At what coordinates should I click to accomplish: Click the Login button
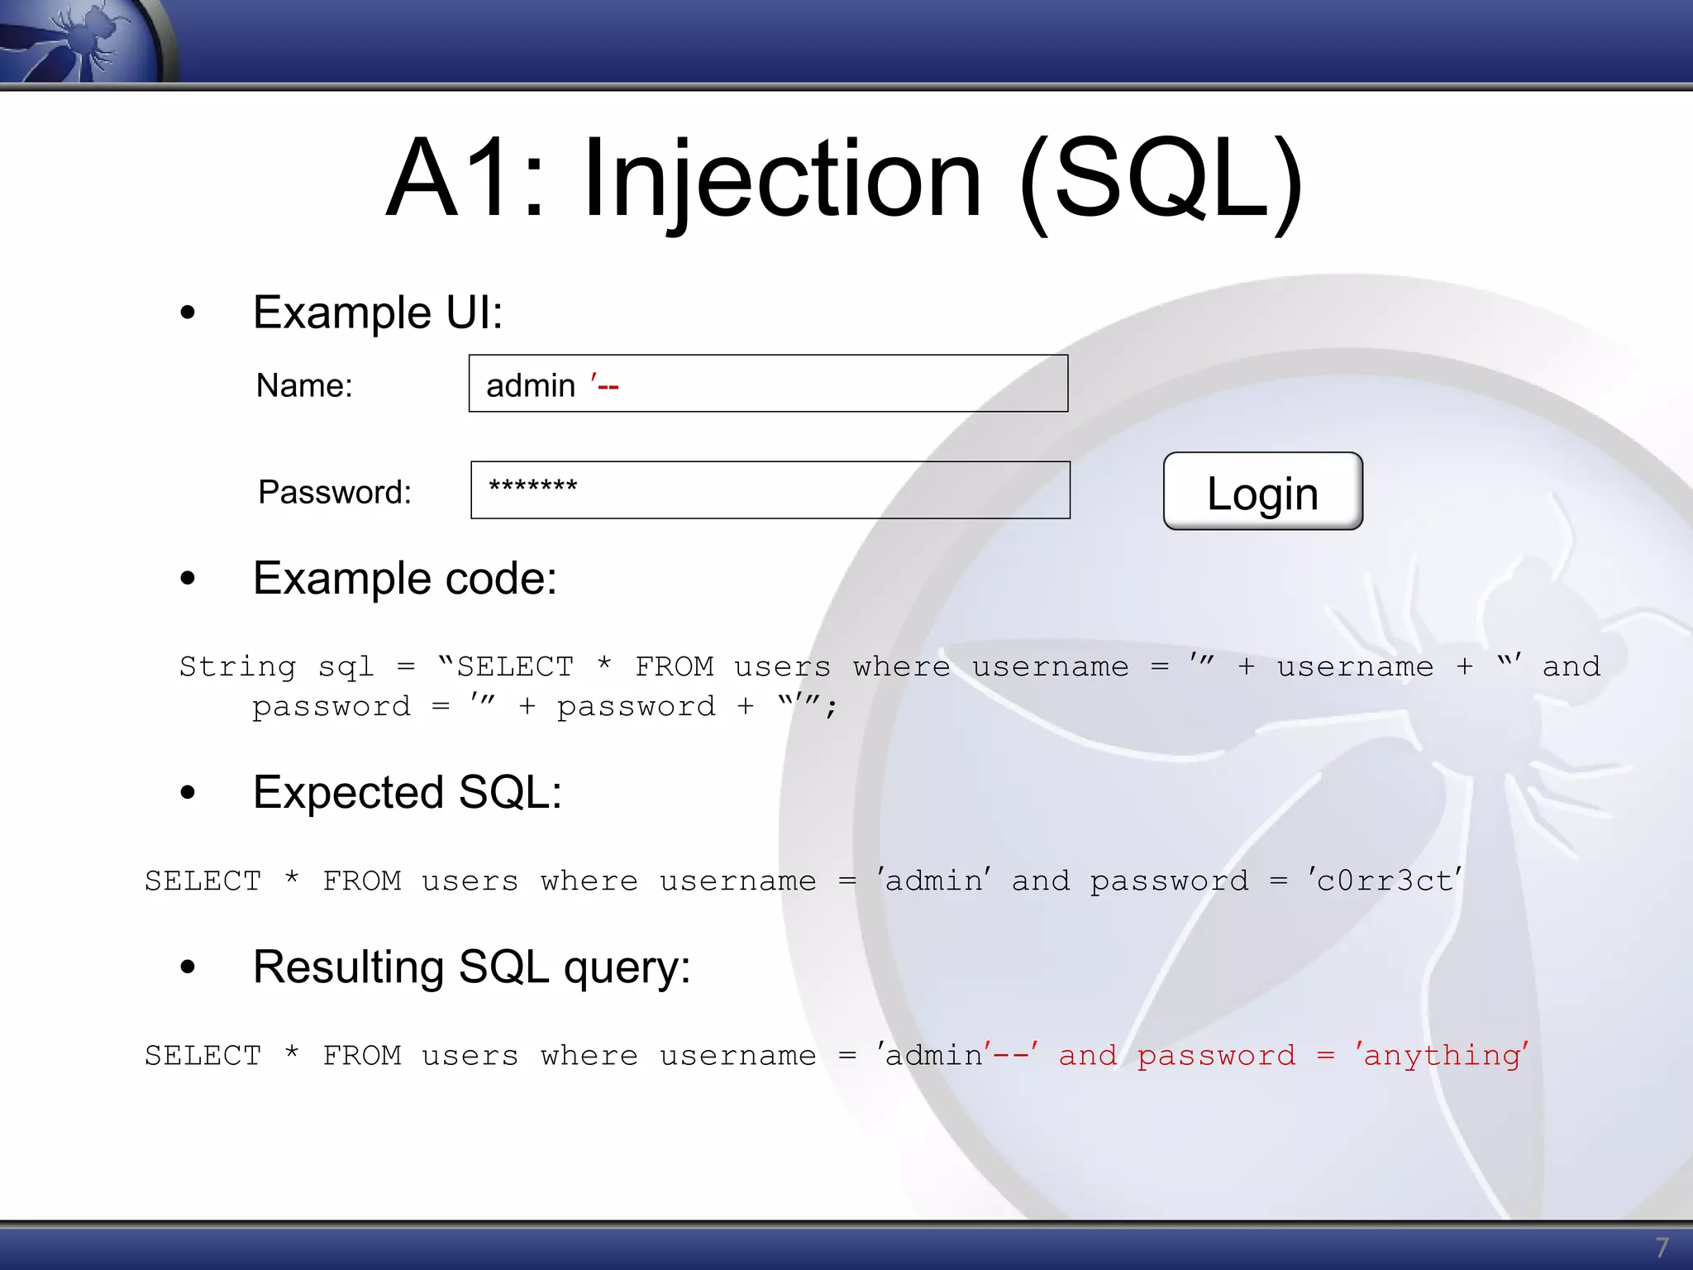(x=1262, y=491)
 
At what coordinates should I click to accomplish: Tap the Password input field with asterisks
(x=770, y=489)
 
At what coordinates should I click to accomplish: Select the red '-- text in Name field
(x=604, y=385)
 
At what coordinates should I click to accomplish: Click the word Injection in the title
(x=782, y=179)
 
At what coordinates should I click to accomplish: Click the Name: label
(x=304, y=385)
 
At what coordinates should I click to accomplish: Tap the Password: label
(x=334, y=492)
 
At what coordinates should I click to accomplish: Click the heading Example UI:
(x=378, y=313)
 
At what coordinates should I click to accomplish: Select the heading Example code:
(x=404, y=578)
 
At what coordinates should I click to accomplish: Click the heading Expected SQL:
(x=407, y=792)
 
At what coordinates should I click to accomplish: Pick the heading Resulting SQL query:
(x=471, y=967)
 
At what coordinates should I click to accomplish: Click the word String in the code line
(x=237, y=666)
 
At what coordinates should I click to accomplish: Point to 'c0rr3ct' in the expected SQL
(x=1385, y=881)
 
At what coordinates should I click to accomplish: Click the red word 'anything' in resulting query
(x=1442, y=1056)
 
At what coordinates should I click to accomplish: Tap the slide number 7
(x=1662, y=1247)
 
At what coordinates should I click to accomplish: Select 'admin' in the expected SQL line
(x=934, y=881)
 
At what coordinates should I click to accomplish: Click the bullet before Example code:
(x=188, y=579)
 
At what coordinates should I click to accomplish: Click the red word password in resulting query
(x=1216, y=1056)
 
